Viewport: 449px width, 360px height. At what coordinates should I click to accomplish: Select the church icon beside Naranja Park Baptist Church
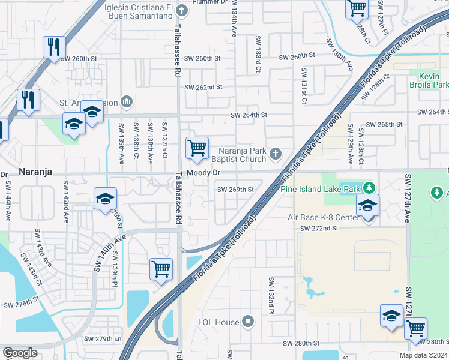point(276,154)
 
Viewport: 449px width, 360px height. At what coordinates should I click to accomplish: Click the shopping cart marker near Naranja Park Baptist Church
point(197,148)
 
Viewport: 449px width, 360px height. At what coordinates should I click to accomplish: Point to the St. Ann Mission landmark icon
point(127,103)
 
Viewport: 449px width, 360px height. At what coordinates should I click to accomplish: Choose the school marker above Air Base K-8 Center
point(367,206)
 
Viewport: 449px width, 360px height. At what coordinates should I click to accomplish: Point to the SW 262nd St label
point(203,87)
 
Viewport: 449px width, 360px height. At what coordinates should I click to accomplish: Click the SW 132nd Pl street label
point(271,293)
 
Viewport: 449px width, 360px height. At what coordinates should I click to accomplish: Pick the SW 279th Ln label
point(104,339)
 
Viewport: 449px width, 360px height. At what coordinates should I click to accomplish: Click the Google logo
point(20,352)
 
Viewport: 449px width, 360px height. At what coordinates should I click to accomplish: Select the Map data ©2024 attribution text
point(423,355)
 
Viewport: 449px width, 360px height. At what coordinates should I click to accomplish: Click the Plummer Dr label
point(209,2)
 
